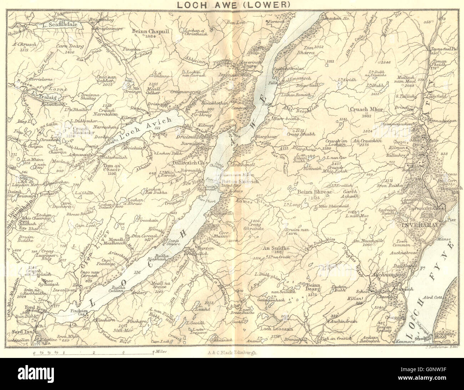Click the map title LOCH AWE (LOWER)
pos(232,5)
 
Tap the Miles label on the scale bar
pos(161,351)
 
